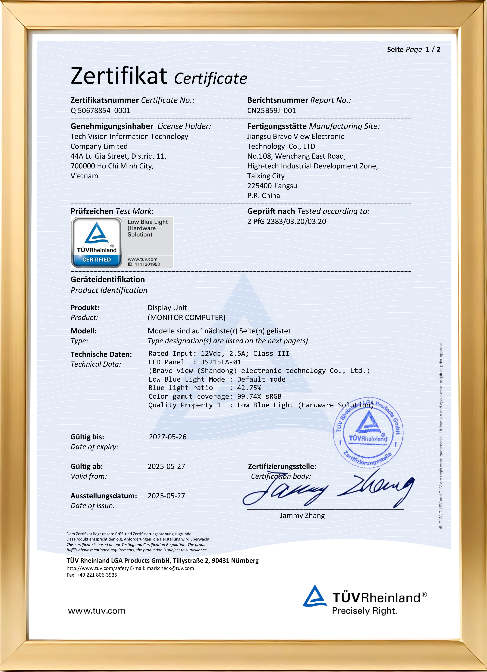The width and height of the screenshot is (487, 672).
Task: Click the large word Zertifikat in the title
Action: [118, 76]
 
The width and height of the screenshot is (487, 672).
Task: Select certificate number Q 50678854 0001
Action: [100, 111]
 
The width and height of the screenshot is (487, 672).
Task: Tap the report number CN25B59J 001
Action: [271, 111]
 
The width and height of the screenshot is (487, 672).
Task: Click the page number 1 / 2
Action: [433, 49]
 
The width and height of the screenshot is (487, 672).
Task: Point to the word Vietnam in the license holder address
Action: [84, 176]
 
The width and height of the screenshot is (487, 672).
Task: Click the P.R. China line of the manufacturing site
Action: [263, 196]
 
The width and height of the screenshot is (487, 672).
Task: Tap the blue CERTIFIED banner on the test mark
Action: [97, 260]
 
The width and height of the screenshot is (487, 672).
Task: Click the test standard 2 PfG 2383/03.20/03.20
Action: [287, 221]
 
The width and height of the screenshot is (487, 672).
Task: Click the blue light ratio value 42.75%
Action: [249, 388]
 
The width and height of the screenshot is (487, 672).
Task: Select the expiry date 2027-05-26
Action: [168, 437]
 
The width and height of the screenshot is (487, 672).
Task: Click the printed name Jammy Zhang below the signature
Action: [302, 516]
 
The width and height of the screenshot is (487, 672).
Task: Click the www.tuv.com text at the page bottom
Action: [97, 611]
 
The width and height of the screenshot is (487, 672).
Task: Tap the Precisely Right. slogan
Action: [364, 611]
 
